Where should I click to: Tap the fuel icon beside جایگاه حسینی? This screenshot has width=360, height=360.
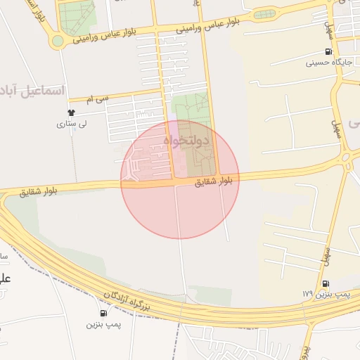(x=328, y=52)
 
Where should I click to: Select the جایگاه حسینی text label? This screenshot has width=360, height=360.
(x=328, y=63)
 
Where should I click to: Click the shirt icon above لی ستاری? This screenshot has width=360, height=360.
(x=71, y=112)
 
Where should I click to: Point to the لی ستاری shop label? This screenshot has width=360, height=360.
(x=71, y=124)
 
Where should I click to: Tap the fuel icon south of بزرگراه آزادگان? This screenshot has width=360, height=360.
(x=104, y=313)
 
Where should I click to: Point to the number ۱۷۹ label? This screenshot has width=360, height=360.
(x=307, y=293)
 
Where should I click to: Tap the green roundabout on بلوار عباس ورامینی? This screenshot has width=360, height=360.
(x=57, y=41)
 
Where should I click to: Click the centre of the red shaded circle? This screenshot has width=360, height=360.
(x=180, y=179)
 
